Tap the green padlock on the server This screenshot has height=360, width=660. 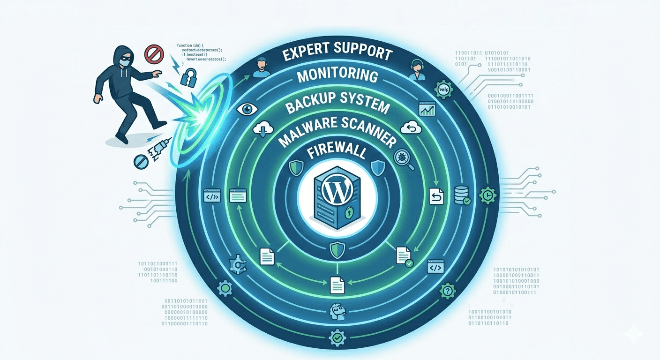(349, 213)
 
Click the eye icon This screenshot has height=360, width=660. (245, 109)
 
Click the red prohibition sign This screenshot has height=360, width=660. (152, 54)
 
